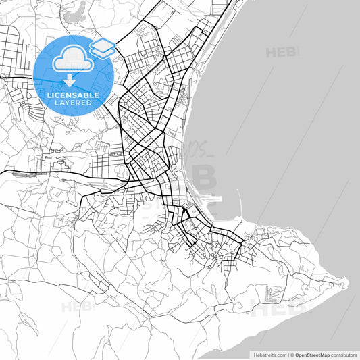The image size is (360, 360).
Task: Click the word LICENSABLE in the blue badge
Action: [73, 95]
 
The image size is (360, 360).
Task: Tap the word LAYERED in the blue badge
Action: [73, 103]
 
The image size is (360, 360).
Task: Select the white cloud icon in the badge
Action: [72, 60]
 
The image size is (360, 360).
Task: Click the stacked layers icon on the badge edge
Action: [102, 47]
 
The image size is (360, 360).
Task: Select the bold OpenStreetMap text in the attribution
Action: [310, 354]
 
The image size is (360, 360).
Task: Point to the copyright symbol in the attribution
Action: [291, 354]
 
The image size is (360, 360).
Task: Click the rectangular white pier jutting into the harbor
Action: [209, 199]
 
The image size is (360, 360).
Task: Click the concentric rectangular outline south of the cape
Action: [274, 293]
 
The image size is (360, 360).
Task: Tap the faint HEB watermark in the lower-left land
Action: [76, 307]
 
